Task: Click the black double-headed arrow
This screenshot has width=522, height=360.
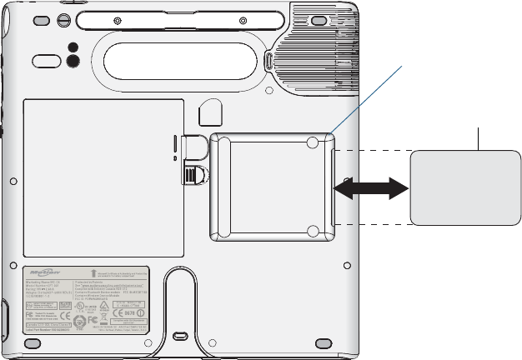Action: (x=373, y=189)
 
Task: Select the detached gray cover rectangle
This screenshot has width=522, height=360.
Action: (x=464, y=187)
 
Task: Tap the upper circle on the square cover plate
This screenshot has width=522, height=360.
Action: (x=312, y=143)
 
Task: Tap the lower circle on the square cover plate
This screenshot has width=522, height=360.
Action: (x=312, y=231)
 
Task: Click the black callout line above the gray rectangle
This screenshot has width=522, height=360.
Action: (x=478, y=139)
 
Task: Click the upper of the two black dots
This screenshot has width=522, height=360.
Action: (x=73, y=47)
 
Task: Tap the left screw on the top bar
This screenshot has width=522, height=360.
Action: (x=118, y=18)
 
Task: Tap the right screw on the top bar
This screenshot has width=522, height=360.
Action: (x=242, y=18)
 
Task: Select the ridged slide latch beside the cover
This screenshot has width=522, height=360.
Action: (x=193, y=175)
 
